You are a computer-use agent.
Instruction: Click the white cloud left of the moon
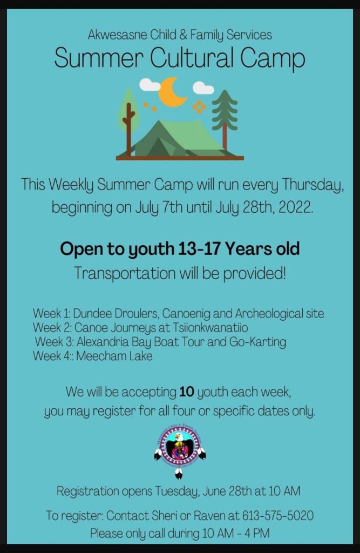point(150,85)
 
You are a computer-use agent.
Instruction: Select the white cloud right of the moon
point(203,88)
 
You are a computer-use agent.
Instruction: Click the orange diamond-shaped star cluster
point(199,107)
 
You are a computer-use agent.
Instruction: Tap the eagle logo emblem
point(180,451)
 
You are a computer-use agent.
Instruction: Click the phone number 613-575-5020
point(278,516)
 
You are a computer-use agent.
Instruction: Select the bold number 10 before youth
point(187,392)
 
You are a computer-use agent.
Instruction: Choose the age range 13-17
point(199,248)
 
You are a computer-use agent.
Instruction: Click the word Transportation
point(125,273)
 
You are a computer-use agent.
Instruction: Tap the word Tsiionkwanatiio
point(210,328)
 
